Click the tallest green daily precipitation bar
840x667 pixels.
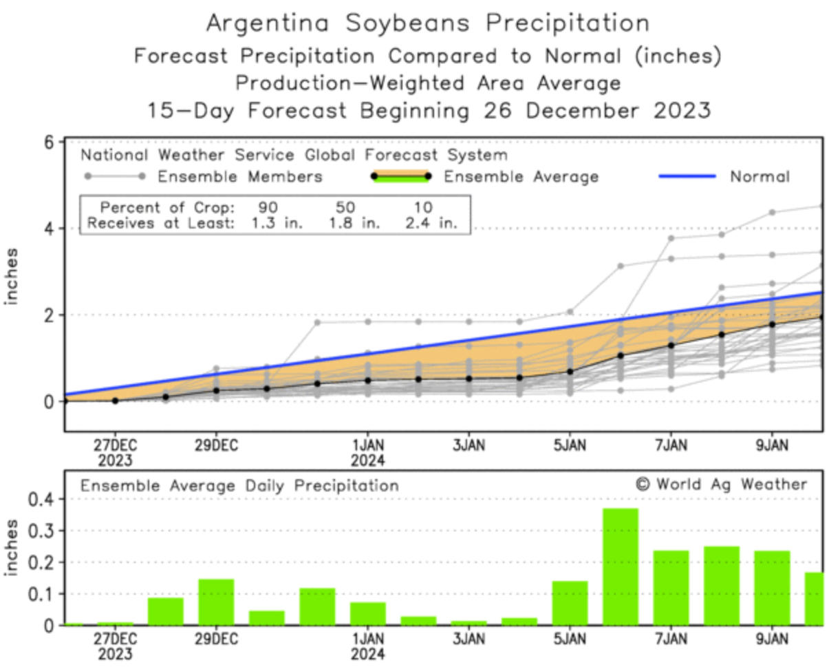coord(620,567)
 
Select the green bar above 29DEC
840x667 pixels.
coord(216,602)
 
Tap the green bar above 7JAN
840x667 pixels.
coord(671,587)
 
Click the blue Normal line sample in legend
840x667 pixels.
coord(689,176)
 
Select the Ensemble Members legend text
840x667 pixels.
coord(239,177)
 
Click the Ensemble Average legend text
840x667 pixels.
coord(520,177)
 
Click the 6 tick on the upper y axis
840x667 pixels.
coord(50,142)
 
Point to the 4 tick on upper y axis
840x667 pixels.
coord(50,229)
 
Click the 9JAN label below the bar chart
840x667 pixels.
coord(771,637)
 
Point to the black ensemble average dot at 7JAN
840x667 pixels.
coord(671,346)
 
